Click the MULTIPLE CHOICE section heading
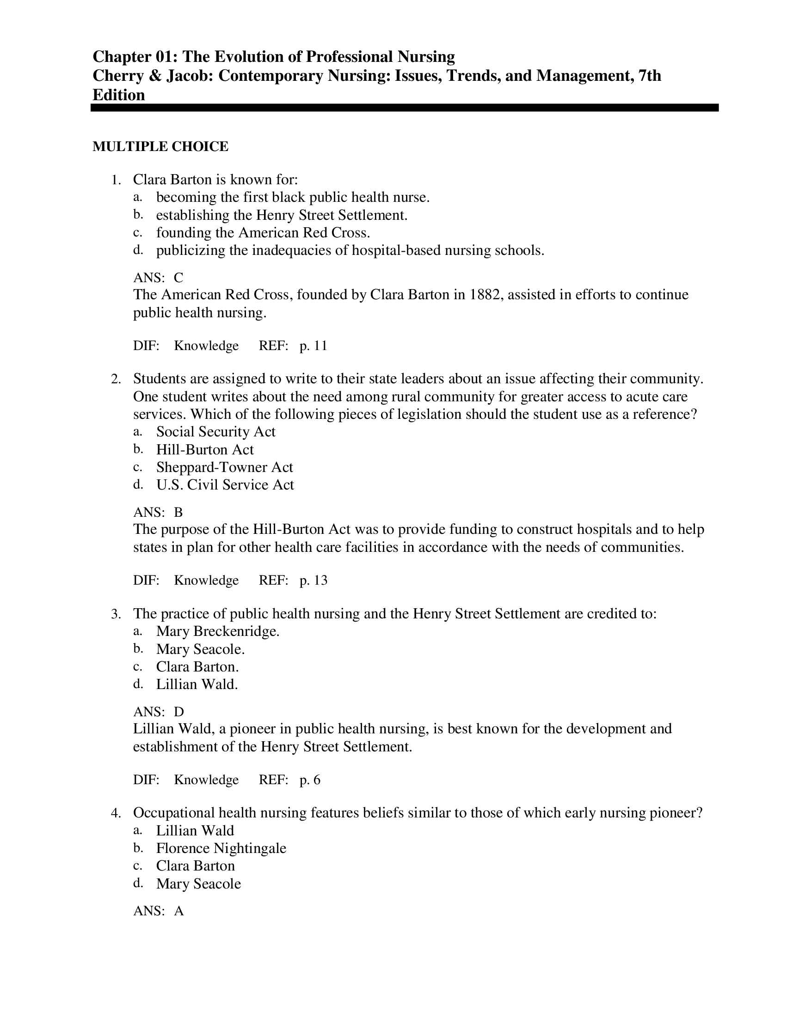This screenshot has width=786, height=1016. (x=160, y=146)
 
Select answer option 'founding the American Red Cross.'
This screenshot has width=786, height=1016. (x=263, y=233)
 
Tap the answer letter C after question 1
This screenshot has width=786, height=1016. (x=178, y=278)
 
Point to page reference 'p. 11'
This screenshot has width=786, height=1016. (x=313, y=345)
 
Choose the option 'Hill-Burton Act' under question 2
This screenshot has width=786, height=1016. (x=205, y=450)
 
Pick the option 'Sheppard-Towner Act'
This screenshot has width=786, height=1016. (x=224, y=467)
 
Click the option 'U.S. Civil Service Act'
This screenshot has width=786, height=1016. (x=225, y=485)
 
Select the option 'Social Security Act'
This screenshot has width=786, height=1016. (x=215, y=432)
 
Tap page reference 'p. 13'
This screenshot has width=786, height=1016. (x=313, y=580)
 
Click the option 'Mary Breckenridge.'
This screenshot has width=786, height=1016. (x=217, y=631)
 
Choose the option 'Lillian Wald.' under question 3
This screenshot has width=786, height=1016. (x=197, y=684)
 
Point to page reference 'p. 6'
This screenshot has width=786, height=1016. (x=310, y=780)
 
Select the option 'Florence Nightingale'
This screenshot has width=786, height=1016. (x=221, y=848)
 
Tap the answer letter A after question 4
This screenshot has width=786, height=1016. (x=179, y=911)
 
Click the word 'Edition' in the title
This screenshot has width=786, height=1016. (x=119, y=95)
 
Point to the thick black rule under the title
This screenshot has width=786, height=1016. (x=404, y=108)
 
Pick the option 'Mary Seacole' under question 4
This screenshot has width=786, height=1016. (x=198, y=883)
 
